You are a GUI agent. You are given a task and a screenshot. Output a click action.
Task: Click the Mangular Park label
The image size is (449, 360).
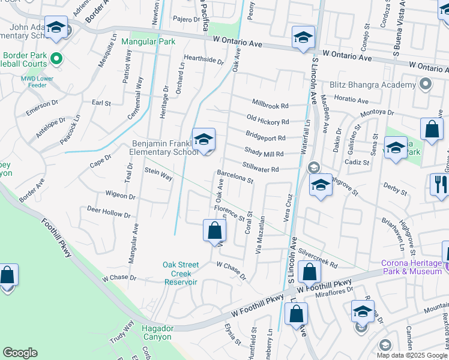tap(148, 42)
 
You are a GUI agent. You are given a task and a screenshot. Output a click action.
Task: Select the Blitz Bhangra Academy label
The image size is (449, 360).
tap(372, 85)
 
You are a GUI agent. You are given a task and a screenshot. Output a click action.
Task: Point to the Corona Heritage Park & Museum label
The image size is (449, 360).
tap(411, 268)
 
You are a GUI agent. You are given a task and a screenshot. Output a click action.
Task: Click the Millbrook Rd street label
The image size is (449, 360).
tap(270, 106)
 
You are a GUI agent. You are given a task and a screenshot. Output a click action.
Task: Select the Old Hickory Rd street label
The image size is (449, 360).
tap(268, 121)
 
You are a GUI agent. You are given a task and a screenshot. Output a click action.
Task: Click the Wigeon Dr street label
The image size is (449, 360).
tap(120, 196)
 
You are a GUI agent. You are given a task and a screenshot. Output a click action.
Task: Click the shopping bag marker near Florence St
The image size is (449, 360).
tap(214, 230)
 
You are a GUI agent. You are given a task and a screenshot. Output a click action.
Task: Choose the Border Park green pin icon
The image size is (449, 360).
tap(56, 59)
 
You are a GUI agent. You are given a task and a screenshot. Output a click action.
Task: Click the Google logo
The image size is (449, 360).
tap(20, 353)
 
